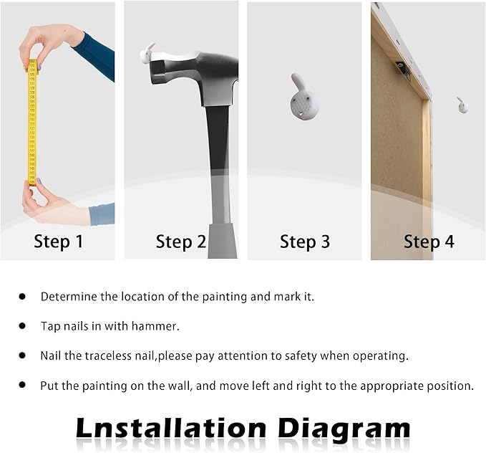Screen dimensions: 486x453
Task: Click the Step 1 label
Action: pos(59,242)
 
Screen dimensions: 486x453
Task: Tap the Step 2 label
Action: pos(180,242)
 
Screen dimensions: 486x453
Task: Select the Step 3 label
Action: pos(305,242)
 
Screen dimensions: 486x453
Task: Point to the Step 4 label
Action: pos(429,242)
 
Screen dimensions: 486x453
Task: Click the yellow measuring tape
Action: pos(32,122)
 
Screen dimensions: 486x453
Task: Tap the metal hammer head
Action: pos(195,74)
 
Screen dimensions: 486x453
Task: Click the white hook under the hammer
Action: pos(147,54)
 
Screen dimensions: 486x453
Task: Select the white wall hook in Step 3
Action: pos(301,97)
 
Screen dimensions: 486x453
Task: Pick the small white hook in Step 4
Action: pos(463,105)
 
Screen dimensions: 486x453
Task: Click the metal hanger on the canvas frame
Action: pos(403,69)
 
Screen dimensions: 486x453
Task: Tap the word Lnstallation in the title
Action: pos(171,428)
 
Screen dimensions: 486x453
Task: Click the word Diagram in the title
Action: pos(344,430)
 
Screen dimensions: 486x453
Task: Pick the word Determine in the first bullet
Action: pos(69,297)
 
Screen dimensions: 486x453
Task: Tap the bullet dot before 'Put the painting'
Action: pos(22,385)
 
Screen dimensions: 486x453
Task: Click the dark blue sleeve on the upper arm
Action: pos(96,57)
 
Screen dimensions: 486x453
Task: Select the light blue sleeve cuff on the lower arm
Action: pos(102,214)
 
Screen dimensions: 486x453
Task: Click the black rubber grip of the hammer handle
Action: pos(217,137)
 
